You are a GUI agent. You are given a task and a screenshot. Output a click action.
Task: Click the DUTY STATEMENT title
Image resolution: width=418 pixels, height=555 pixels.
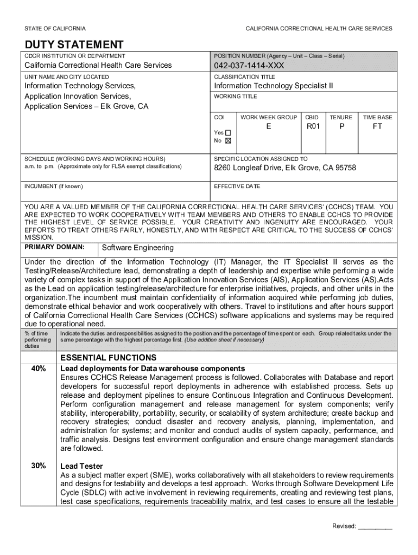74,45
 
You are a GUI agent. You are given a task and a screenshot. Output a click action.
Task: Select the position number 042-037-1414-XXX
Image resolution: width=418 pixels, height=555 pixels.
249,66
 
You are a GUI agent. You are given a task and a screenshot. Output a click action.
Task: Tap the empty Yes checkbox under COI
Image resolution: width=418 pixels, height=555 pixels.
228,133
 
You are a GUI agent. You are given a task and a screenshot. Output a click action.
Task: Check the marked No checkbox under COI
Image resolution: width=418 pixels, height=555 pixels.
228,140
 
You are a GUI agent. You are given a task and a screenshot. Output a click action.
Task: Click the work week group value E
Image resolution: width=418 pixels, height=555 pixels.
268,127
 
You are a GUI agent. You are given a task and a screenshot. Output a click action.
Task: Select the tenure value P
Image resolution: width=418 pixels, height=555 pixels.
341,127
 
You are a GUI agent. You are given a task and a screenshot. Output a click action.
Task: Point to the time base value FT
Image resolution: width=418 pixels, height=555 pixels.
377,127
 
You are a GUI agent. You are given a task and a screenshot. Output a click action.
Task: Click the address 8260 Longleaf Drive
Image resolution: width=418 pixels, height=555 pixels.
285,168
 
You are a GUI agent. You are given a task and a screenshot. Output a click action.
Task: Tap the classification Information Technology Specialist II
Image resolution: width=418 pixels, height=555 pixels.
274,86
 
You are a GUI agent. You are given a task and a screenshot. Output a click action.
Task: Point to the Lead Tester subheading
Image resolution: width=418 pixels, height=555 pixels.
81,466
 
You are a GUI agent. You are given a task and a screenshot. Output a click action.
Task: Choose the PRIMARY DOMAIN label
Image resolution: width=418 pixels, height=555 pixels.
54,247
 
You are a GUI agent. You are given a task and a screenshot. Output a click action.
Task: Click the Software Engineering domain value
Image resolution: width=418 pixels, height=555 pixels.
138,248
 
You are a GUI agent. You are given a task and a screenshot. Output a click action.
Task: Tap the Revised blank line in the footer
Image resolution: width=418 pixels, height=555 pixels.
375,526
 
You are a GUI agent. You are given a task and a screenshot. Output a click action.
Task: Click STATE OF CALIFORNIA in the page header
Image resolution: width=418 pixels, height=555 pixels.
54,28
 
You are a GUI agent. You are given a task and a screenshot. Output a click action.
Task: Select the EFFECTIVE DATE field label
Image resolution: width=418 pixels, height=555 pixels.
237,186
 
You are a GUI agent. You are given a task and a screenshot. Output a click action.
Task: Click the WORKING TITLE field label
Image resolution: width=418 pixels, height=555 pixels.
236,96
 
